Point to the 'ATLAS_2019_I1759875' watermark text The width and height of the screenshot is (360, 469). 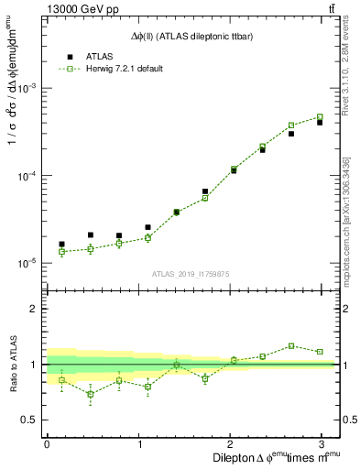tap(190, 272)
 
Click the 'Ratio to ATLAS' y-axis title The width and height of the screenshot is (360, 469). tap(16, 365)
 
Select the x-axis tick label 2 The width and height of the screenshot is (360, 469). tap(233, 443)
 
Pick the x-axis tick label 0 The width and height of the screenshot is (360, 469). tap(47, 443)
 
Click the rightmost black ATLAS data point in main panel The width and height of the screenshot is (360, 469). tap(320, 122)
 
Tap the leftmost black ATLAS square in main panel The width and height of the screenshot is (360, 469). tap(61, 245)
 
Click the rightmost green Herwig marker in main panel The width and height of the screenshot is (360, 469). tap(320, 117)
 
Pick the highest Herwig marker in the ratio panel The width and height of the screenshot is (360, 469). tap(291, 345)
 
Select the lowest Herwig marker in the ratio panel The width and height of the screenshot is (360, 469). tap(90, 394)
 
